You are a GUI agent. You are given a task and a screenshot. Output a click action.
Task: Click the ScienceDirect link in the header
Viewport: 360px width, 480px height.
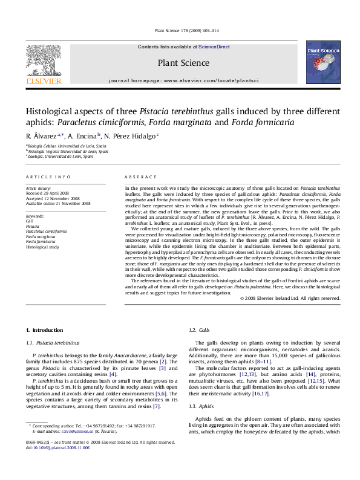pyautogui.click(x=214, y=47)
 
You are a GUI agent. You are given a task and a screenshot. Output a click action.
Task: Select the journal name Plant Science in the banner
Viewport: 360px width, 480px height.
pyautogui.click(x=183, y=63)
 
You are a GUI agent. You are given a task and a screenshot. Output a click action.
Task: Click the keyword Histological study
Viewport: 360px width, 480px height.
pyautogui.click(x=42, y=247)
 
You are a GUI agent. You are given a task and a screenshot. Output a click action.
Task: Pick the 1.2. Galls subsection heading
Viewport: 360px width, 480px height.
pyautogui.click(x=200, y=330)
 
